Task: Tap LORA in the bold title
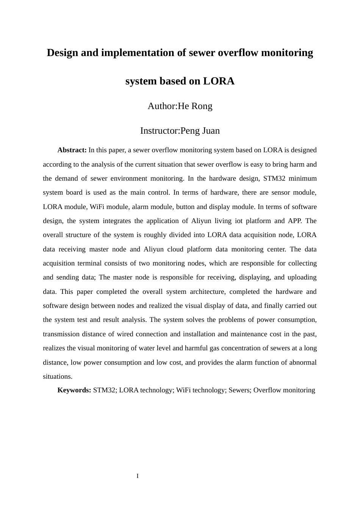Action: coord(219,81)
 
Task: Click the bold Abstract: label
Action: coord(72,150)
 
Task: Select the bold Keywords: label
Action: coord(74,390)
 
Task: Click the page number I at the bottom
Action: coord(138,476)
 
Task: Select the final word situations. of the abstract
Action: coord(58,376)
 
